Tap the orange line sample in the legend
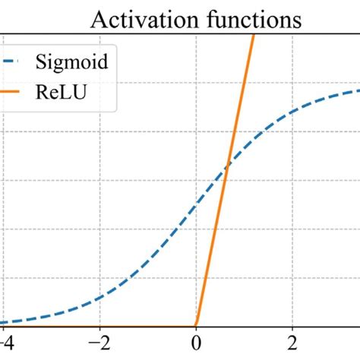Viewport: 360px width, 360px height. pos(13,93)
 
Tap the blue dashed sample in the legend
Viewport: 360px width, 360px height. pos(13,62)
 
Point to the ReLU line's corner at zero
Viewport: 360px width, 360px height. pos(196,324)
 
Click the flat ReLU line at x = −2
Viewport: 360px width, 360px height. pos(99,324)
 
